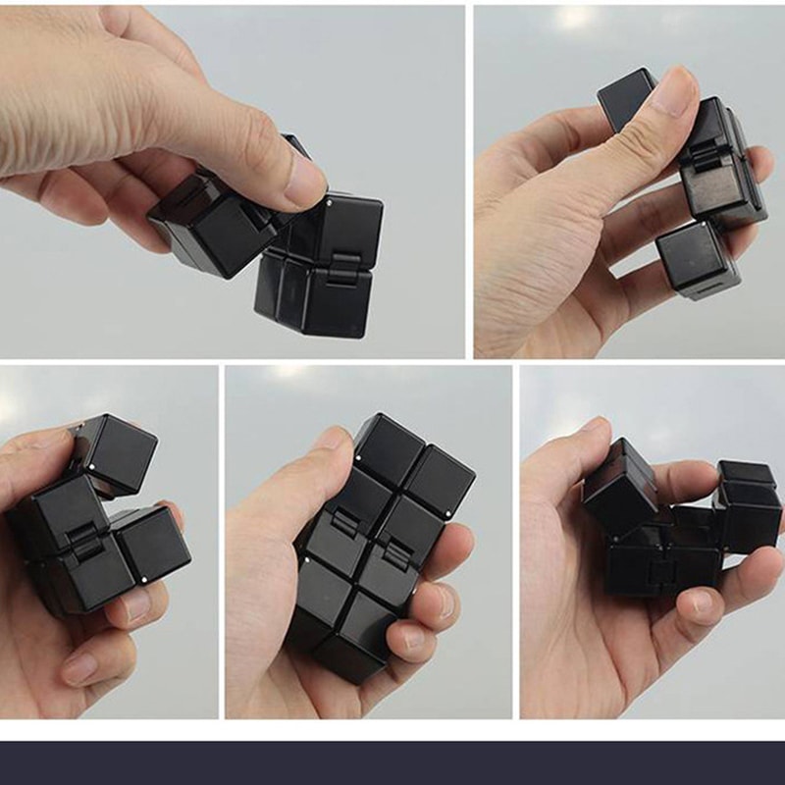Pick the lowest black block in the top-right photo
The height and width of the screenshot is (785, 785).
pyautogui.click(x=698, y=259)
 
